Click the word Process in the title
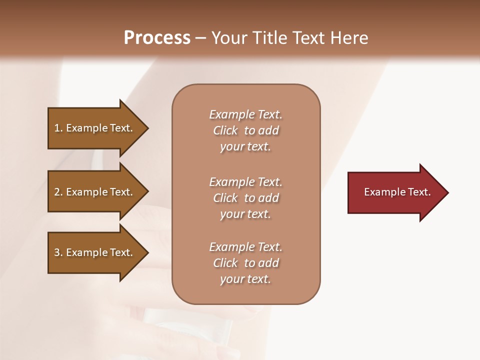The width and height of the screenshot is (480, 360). [x=157, y=38]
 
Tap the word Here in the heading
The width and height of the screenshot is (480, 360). [x=350, y=38]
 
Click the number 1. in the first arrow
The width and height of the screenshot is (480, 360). [x=58, y=128]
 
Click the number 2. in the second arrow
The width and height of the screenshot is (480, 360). [x=58, y=192]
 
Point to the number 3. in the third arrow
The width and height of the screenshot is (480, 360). [x=58, y=252]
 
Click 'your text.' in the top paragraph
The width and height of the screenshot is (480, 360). [x=245, y=147]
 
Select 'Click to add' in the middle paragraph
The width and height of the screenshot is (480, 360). [x=245, y=198]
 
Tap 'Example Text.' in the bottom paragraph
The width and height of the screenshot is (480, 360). [x=245, y=247]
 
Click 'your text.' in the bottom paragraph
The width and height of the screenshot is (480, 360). [x=245, y=279]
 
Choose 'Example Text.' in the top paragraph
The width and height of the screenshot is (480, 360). [x=245, y=114]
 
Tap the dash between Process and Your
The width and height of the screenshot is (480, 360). [x=201, y=38]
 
